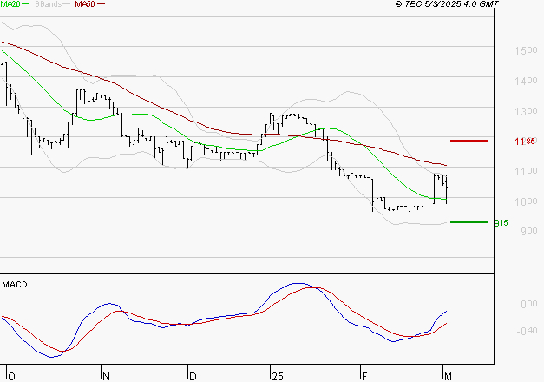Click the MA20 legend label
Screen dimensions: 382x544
click(x=11, y=4)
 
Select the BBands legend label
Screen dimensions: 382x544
click(x=47, y=4)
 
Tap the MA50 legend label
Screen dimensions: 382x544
click(x=85, y=4)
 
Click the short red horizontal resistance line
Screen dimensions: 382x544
click(x=469, y=140)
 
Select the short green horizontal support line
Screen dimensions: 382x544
click(x=469, y=222)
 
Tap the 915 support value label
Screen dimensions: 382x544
click(x=500, y=222)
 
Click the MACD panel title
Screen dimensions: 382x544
click(x=15, y=284)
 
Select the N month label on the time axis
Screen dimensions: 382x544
click(x=107, y=376)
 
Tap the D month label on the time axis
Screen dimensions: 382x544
click(x=193, y=376)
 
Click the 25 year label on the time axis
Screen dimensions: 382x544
click(x=277, y=376)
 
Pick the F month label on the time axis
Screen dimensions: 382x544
click(x=364, y=376)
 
